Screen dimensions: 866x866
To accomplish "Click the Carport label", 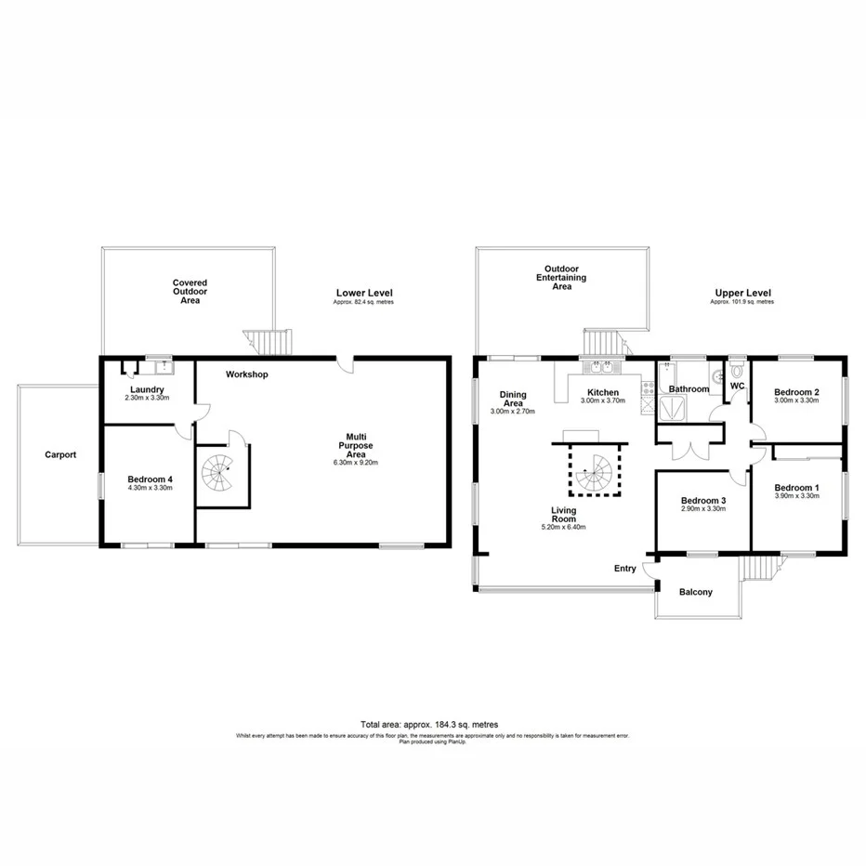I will pyautogui.click(x=59, y=455).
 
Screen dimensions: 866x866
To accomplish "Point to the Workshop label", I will pyautogui.click(x=247, y=374).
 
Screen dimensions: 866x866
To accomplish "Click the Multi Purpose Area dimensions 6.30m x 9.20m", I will pyautogui.click(x=361, y=462).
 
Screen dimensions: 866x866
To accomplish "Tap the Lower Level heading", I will pyautogui.click(x=362, y=294).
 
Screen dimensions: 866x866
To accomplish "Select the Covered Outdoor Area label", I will pyautogui.click(x=189, y=291).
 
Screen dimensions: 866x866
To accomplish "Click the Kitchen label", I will pyautogui.click(x=602, y=392).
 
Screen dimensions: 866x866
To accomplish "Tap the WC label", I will pyautogui.click(x=738, y=385).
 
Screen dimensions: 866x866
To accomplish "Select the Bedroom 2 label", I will pyautogui.click(x=796, y=392).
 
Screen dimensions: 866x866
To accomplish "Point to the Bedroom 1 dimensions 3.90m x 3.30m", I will pyautogui.click(x=796, y=496).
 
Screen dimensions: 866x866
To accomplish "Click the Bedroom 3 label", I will pyautogui.click(x=702, y=500).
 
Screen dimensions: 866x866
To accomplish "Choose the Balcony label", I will pyautogui.click(x=696, y=592).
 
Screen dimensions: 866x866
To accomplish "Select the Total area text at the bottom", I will pyautogui.click(x=432, y=724).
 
